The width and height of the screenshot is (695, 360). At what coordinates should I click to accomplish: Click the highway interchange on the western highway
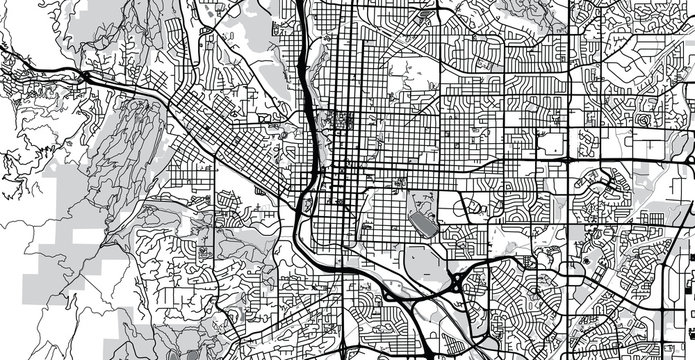86,75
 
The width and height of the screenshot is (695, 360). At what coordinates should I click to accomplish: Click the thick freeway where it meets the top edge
301,4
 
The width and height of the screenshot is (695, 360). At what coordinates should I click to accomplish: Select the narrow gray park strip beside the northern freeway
312,80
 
